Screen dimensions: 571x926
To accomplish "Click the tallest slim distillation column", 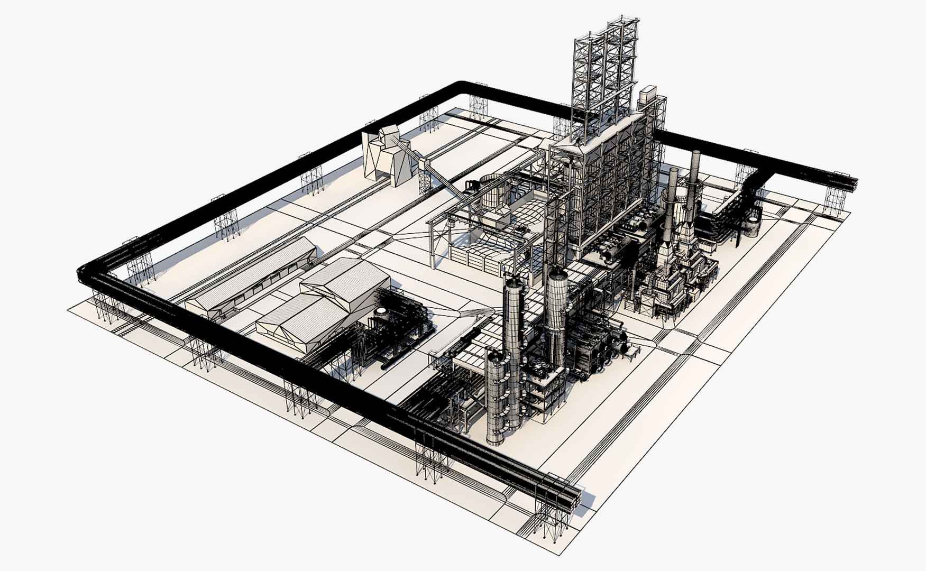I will tap(512, 338).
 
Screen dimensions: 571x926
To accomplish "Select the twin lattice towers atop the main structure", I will tap(603, 74).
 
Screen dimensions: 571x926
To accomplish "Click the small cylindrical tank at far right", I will tap(753, 223).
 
